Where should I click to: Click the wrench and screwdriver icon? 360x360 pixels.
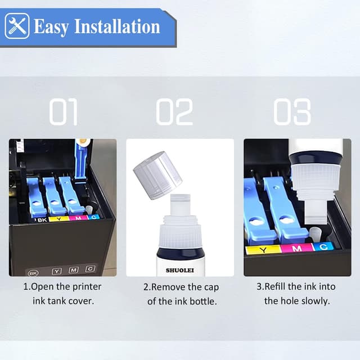click(16, 26)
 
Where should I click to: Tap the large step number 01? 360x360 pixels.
click(63, 112)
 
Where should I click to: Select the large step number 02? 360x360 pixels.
click(174, 112)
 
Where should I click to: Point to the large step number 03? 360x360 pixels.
click(292, 112)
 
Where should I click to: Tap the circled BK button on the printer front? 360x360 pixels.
click(33, 272)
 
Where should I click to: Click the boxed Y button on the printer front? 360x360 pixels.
click(57, 271)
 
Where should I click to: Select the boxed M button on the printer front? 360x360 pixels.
click(74, 270)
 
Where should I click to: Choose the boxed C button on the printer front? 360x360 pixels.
click(90, 269)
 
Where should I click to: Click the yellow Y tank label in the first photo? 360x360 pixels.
click(58, 218)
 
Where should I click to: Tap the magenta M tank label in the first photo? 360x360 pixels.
click(78, 217)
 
